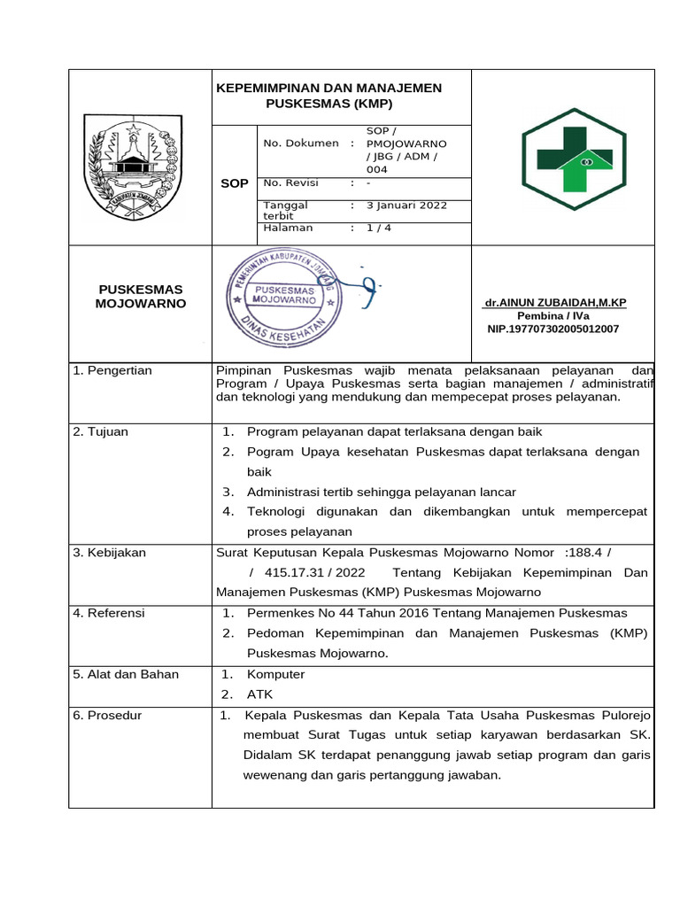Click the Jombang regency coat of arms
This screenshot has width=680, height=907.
[133, 167]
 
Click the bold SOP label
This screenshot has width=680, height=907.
[234, 183]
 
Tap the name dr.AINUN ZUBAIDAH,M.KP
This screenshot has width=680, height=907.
[554, 303]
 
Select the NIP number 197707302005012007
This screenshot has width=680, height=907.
[553, 329]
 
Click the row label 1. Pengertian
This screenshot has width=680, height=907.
[112, 370]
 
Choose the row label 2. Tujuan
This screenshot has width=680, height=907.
[101, 431]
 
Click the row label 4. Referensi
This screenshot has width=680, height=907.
[109, 613]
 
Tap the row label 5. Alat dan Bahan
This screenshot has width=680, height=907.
[126, 674]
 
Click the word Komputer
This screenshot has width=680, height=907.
[275, 674]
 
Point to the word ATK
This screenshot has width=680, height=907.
[259, 694]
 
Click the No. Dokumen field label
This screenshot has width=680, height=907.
[301, 143]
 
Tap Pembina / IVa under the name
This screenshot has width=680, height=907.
[553, 315]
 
